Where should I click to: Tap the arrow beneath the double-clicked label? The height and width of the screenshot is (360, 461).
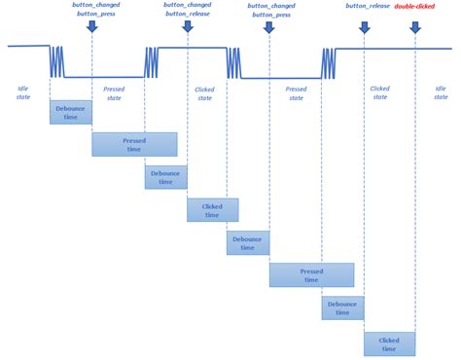click(415, 26)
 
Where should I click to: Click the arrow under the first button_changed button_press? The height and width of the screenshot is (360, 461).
click(91, 25)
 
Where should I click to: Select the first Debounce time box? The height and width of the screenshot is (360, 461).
click(70, 112)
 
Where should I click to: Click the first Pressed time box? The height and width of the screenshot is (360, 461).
click(134, 144)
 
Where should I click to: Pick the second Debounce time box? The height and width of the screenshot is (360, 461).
click(165, 177)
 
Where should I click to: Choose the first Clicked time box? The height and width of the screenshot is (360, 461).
click(212, 210)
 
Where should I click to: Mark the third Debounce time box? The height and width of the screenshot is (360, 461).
click(248, 242)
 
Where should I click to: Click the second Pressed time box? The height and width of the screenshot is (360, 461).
click(311, 275)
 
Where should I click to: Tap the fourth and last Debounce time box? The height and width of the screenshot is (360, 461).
click(342, 308)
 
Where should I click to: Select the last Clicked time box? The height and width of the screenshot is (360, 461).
click(389, 343)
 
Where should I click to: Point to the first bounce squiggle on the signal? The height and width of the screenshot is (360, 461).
click(57, 60)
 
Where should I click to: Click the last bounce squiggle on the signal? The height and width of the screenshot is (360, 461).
click(329, 63)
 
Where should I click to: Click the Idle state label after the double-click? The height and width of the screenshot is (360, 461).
click(441, 92)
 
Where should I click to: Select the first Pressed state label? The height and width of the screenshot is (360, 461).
click(114, 93)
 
